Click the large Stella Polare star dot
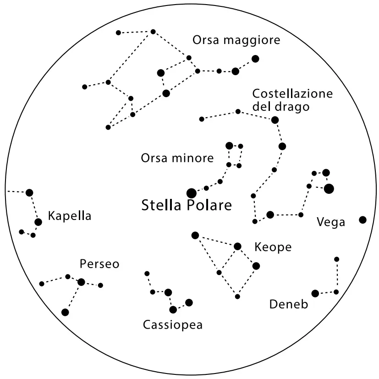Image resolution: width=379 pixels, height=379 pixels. (192, 193)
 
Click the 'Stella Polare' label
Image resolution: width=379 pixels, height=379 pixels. (187, 205)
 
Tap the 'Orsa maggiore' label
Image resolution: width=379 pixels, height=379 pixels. (236, 40)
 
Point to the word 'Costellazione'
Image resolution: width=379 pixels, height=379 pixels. (292, 94)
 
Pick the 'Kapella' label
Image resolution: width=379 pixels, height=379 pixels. (70, 216)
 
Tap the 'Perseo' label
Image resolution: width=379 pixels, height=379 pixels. (99, 264)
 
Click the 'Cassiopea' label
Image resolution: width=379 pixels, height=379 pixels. (172, 325)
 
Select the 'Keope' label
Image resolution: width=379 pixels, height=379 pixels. (273, 247)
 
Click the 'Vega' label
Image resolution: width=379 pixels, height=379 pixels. (331, 223)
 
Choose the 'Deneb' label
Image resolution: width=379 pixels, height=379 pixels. (288, 304)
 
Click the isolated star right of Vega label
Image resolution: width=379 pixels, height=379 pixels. (363, 220)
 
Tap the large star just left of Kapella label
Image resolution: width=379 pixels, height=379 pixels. (38, 222)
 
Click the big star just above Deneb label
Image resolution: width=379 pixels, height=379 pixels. (315, 293)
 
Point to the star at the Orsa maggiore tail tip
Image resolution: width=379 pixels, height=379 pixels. (255, 59)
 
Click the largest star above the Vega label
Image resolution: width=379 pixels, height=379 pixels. (329, 188)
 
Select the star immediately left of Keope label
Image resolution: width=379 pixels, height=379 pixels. (237, 246)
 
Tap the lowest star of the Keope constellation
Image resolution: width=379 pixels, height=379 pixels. (237, 297)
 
